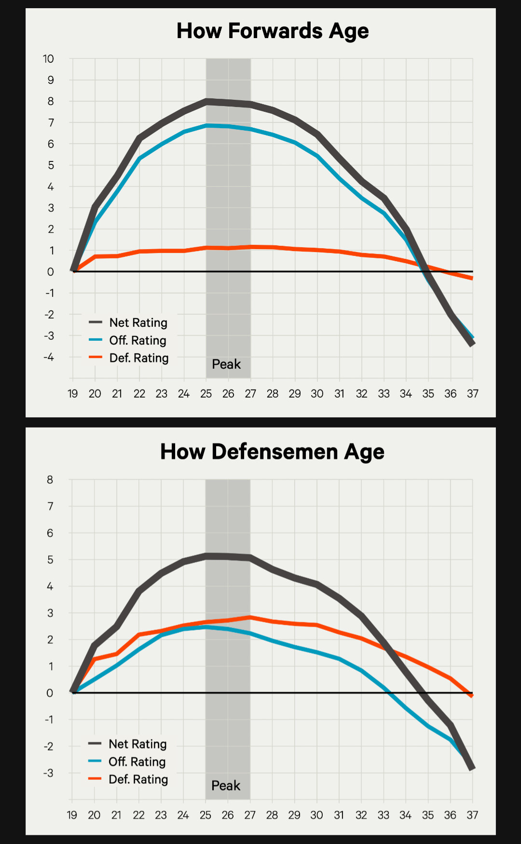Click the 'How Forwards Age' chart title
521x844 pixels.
[x=273, y=31]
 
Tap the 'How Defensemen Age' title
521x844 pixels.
[x=272, y=452]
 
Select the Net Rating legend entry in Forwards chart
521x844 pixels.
[x=138, y=322]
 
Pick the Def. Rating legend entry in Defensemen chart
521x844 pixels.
[x=138, y=779]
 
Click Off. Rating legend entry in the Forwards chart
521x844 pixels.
[x=137, y=340]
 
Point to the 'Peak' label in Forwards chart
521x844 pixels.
[x=226, y=364]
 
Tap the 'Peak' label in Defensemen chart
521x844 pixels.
[x=226, y=786]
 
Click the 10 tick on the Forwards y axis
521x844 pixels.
[x=48, y=59]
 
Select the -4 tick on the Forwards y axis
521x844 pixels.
[x=48, y=357]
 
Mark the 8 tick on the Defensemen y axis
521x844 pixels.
[x=50, y=480]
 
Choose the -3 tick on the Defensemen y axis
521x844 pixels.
[x=48, y=773]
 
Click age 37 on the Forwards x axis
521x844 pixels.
[x=473, y=394]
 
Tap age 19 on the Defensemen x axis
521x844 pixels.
[x=72, y=815]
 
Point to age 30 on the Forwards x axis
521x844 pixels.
[x=317, y=394]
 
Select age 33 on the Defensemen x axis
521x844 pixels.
[x=384, y=815]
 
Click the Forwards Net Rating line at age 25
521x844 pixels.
[x=206, y=102]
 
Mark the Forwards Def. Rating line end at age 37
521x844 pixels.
[x=472, y=278]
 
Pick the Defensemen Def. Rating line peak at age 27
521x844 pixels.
[x=250, y=617]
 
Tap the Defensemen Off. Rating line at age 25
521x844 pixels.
[x=206, y=628]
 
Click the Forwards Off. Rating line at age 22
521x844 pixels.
[x=139, y=159]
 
